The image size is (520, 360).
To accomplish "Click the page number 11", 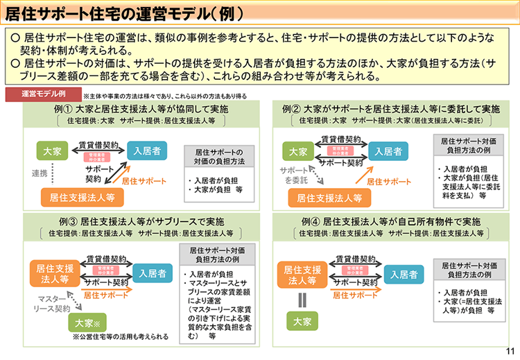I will (x=510, y=352).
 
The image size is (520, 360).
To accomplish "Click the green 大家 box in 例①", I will (x=53, y=151).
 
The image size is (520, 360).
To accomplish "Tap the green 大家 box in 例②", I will (x=298, y=151).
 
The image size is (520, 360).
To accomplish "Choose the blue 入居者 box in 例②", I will (x=387, y=151).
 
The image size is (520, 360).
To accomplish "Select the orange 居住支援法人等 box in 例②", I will (x=329, y=197).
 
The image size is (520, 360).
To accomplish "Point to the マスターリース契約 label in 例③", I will (x=50, y=302).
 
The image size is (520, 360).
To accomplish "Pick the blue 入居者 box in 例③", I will (x=151, y=273).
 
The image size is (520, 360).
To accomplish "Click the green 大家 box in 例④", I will (x=302, y=321).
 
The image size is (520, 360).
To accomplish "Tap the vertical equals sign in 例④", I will (x=302, y=300).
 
